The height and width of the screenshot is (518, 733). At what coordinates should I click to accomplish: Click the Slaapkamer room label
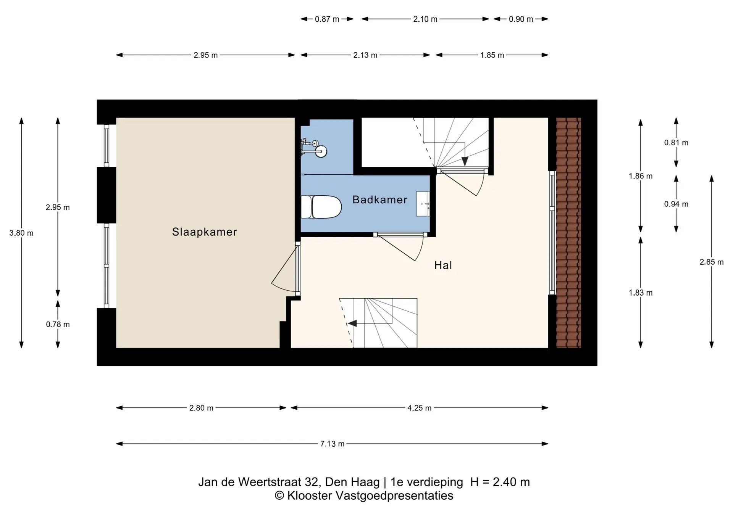tap(204, 232)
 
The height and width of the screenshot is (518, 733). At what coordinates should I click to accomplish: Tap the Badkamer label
tap(379, 199)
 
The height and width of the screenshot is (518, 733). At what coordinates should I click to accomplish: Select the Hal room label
tap(443, 265)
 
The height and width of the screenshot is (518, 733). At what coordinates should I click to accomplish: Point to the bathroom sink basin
tap(423, 204)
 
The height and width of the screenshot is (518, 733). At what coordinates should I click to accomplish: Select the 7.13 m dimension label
tap(332, 444)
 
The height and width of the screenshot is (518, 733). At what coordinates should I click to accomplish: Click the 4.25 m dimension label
tap(419, 408)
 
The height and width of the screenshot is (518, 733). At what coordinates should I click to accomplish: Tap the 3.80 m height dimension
tap(21, 233)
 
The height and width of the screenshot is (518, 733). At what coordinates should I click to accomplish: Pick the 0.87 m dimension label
tap(327, 19)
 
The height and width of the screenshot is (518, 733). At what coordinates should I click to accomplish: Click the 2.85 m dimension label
tap(711, 262)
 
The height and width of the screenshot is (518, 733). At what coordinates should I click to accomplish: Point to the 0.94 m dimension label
tap(676, 204)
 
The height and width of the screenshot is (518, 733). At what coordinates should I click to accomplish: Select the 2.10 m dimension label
tap(425, 19)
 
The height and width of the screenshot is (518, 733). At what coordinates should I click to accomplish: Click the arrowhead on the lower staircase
tap(352, 323)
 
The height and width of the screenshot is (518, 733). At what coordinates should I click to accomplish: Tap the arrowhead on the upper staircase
tap(465, 161)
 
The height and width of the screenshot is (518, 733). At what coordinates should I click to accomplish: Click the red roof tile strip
tap(568, 233)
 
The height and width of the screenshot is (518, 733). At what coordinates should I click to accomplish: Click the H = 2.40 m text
tap(500, 482)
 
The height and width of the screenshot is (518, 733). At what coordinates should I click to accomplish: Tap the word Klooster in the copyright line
tap(310, 495)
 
